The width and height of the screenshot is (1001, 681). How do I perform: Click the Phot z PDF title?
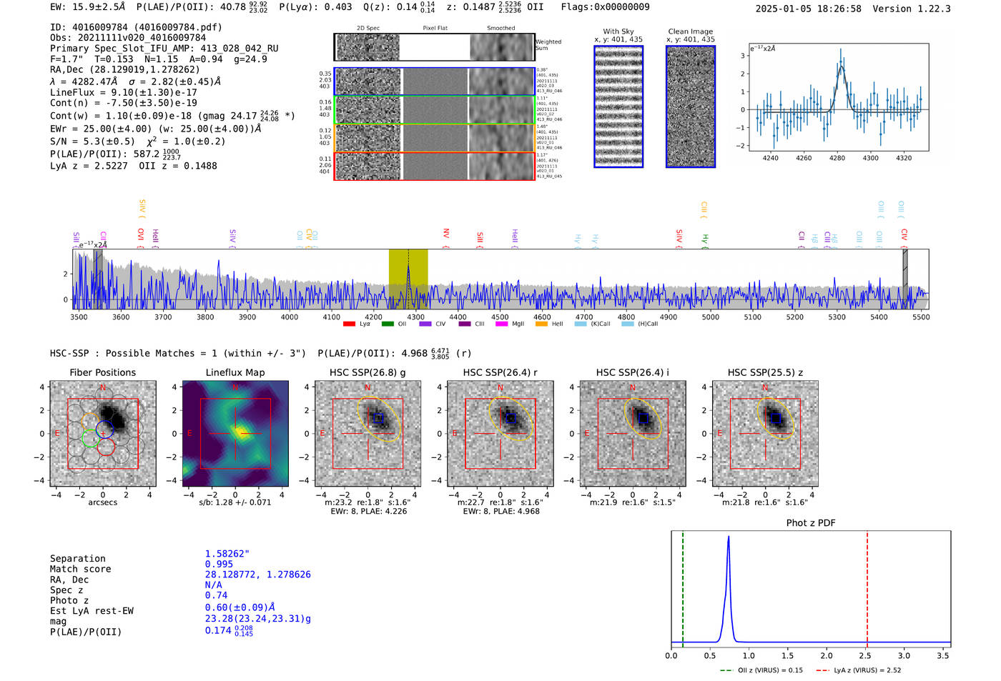[x=811, y=523]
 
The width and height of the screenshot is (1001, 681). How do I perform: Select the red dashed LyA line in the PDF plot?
[x=867, y=586]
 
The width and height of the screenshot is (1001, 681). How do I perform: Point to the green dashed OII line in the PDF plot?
[x=683, y=586]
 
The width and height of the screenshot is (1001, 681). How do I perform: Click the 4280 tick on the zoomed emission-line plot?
[x=837, y=158]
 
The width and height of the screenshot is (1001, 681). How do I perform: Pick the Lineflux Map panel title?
[x=235, y=372]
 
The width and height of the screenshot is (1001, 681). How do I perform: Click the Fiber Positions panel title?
[x=102, y=372]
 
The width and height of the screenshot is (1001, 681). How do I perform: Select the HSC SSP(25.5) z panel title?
[x=765, y=372]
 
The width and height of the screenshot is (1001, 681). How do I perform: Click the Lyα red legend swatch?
[x=349, y=324]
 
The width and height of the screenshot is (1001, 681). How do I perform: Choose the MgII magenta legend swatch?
[x=501, y=324]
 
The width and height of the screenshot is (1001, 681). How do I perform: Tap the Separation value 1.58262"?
[x=227, y=554]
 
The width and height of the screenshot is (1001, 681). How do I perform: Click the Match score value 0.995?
[x=219, y=564]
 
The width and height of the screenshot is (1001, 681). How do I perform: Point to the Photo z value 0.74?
[x=216, y=595]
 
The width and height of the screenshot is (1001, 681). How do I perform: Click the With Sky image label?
[x=618, y=31]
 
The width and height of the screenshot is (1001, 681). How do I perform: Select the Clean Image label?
[x=690, y=31]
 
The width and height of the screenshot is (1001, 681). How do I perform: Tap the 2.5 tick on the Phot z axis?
[x=865, y=655]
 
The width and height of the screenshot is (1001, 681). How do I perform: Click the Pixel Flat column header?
[x=435, y=29]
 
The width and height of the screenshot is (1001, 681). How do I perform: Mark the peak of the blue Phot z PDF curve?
[x=729, y=537]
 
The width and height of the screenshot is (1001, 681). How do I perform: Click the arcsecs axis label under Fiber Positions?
[x=102, y=502]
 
